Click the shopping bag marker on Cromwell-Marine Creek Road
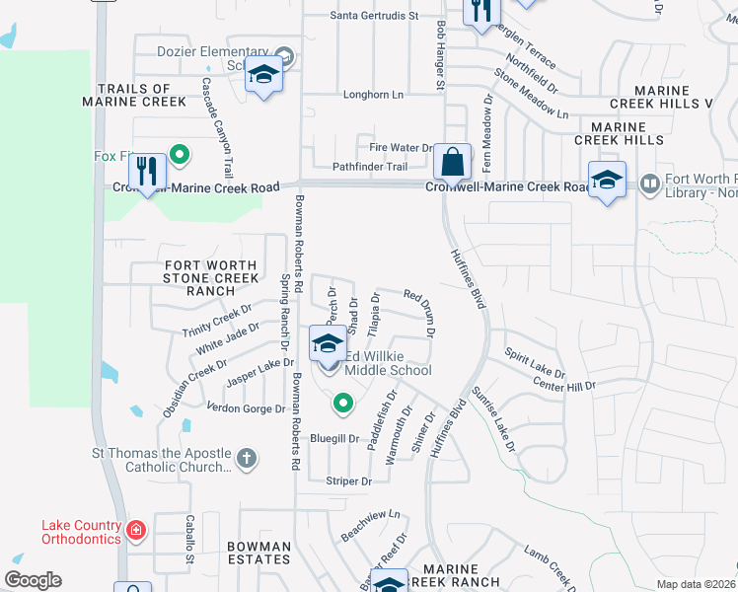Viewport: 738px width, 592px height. tap(452, 162)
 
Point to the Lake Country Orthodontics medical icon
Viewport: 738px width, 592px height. tap(135, 532)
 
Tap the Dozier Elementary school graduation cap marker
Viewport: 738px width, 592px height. tap(263, 75)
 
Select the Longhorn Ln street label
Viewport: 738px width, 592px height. tap(373, 95)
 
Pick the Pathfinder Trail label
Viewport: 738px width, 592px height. tap(369, 167)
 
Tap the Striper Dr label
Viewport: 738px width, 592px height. tap(348, 481)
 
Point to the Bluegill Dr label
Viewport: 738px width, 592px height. tap(333, 438)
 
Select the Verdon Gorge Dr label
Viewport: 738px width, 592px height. tap(246, 408)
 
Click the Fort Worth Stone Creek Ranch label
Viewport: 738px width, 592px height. tap(210, 278)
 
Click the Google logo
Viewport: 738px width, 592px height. tap(34, 580)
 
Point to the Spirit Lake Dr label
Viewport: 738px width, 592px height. tap(535, 363)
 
